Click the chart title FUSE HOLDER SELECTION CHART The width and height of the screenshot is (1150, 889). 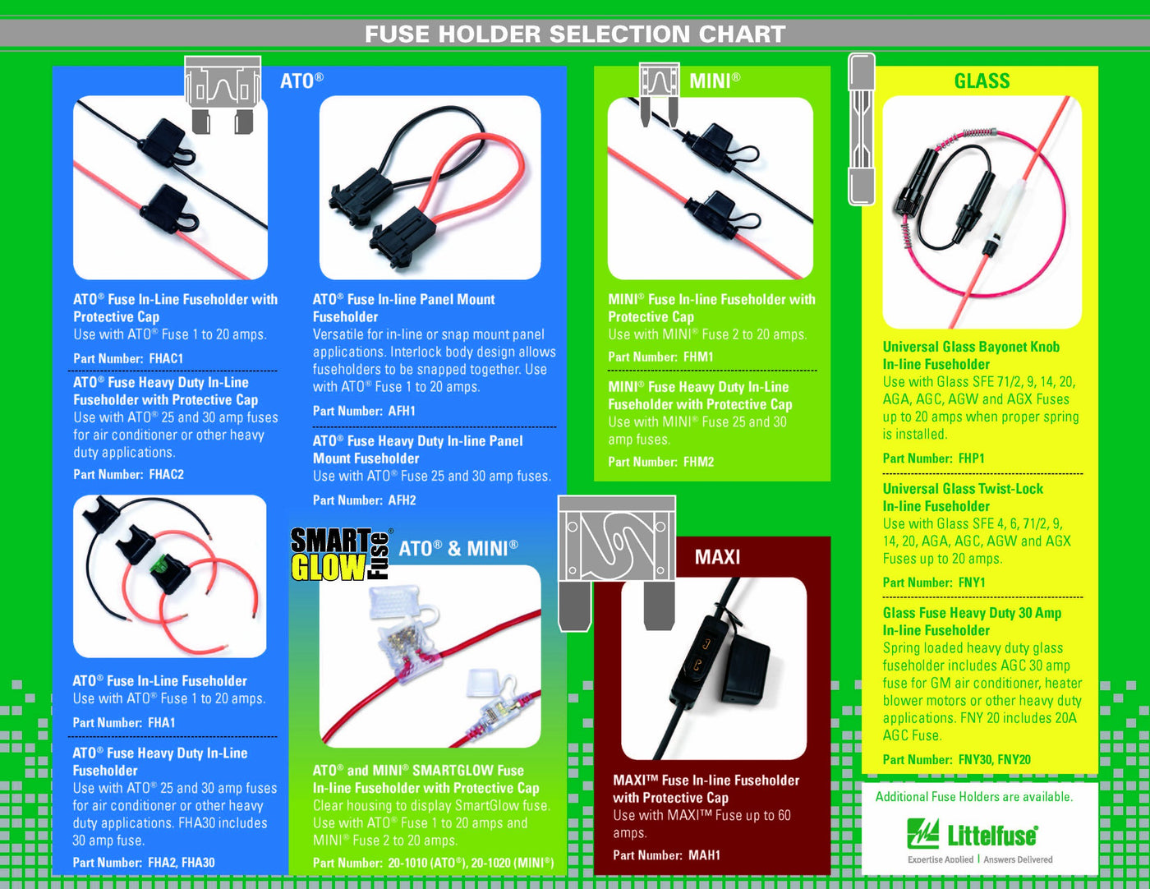[575, 35]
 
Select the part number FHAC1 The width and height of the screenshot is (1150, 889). [166, 358]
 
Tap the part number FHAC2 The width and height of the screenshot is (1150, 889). [167, 474]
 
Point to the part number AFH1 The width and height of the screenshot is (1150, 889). [402, 411]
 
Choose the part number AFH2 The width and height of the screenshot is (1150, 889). [402, 500]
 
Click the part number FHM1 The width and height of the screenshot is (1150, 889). [698, 357]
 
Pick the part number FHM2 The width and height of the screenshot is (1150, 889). [698, 462]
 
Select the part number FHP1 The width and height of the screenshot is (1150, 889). [972, 458]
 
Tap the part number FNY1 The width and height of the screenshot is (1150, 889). [972, 583]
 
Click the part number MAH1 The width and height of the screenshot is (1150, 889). [705, 854]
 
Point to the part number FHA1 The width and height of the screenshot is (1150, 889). [162, 722]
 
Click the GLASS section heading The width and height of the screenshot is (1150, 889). [982, 81]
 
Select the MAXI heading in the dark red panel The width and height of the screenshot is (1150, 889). [717, 557]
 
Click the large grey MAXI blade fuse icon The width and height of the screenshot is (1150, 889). [617, 563]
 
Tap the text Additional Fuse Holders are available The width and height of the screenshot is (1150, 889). [974, 797]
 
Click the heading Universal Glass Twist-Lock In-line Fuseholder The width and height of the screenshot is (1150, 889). [964, 497]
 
